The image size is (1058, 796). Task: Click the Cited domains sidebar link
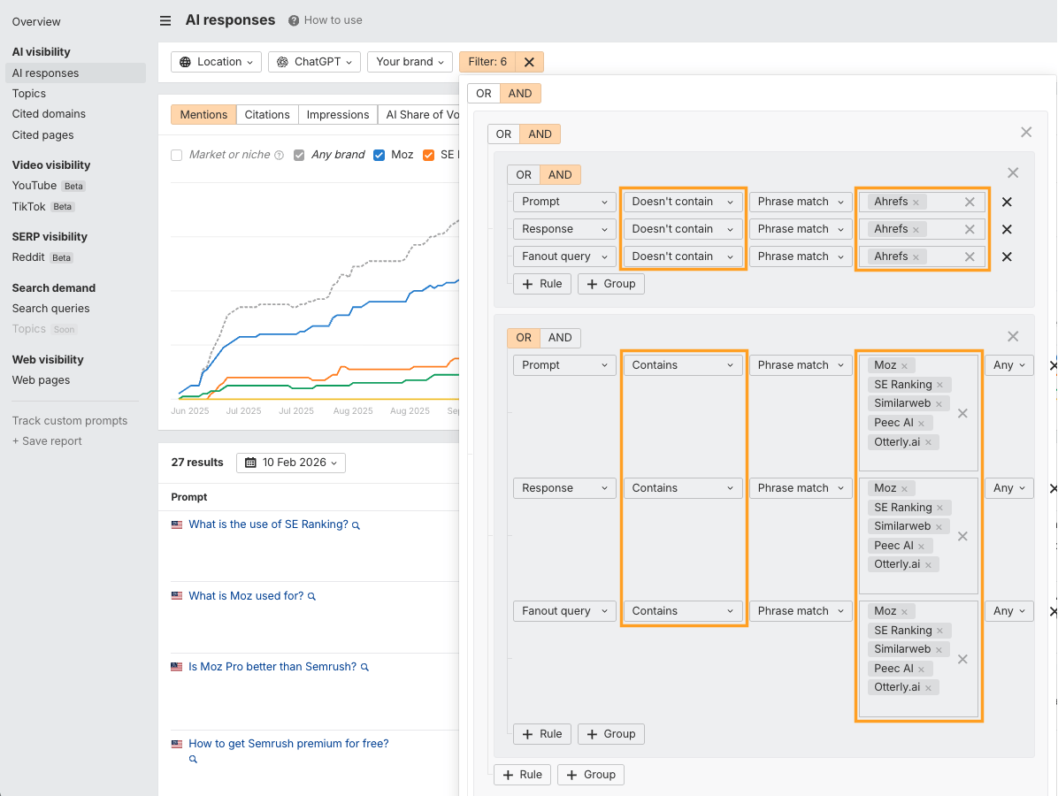coord(49,114)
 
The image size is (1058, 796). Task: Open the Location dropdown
coord(217,62)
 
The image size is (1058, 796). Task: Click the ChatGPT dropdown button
coord(314,62)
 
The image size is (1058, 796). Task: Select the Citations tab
coord(267,115)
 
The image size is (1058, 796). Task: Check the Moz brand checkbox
coord(379,155)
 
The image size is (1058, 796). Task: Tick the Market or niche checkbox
coord(177,155)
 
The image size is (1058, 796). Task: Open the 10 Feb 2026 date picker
coord(291,463)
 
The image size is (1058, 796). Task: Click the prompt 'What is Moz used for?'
coord(246,596)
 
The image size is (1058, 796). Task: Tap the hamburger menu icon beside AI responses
coord(165,20)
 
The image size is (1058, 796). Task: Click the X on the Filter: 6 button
coord(529,62)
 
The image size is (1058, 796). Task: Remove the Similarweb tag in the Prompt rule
coord(939,404)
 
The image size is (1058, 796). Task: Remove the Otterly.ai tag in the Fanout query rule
coord(928,688)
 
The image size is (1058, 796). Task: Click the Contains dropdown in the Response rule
coord(683,488)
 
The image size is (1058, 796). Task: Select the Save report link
coord(47,441)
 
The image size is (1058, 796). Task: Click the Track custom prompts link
coord(70,421)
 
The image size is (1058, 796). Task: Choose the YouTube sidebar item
coord(34,186)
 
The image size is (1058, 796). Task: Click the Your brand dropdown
coord(410,62)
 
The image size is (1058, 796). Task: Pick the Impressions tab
coord(338,115)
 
